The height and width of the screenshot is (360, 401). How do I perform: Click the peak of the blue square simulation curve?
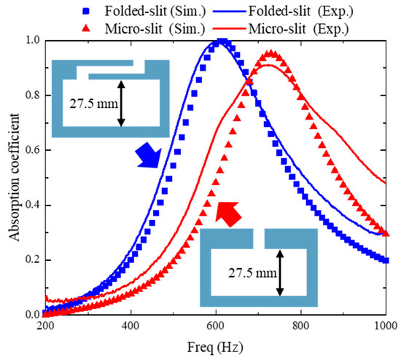coord(223,42)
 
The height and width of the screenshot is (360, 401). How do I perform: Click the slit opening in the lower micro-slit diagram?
coord(258,238)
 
